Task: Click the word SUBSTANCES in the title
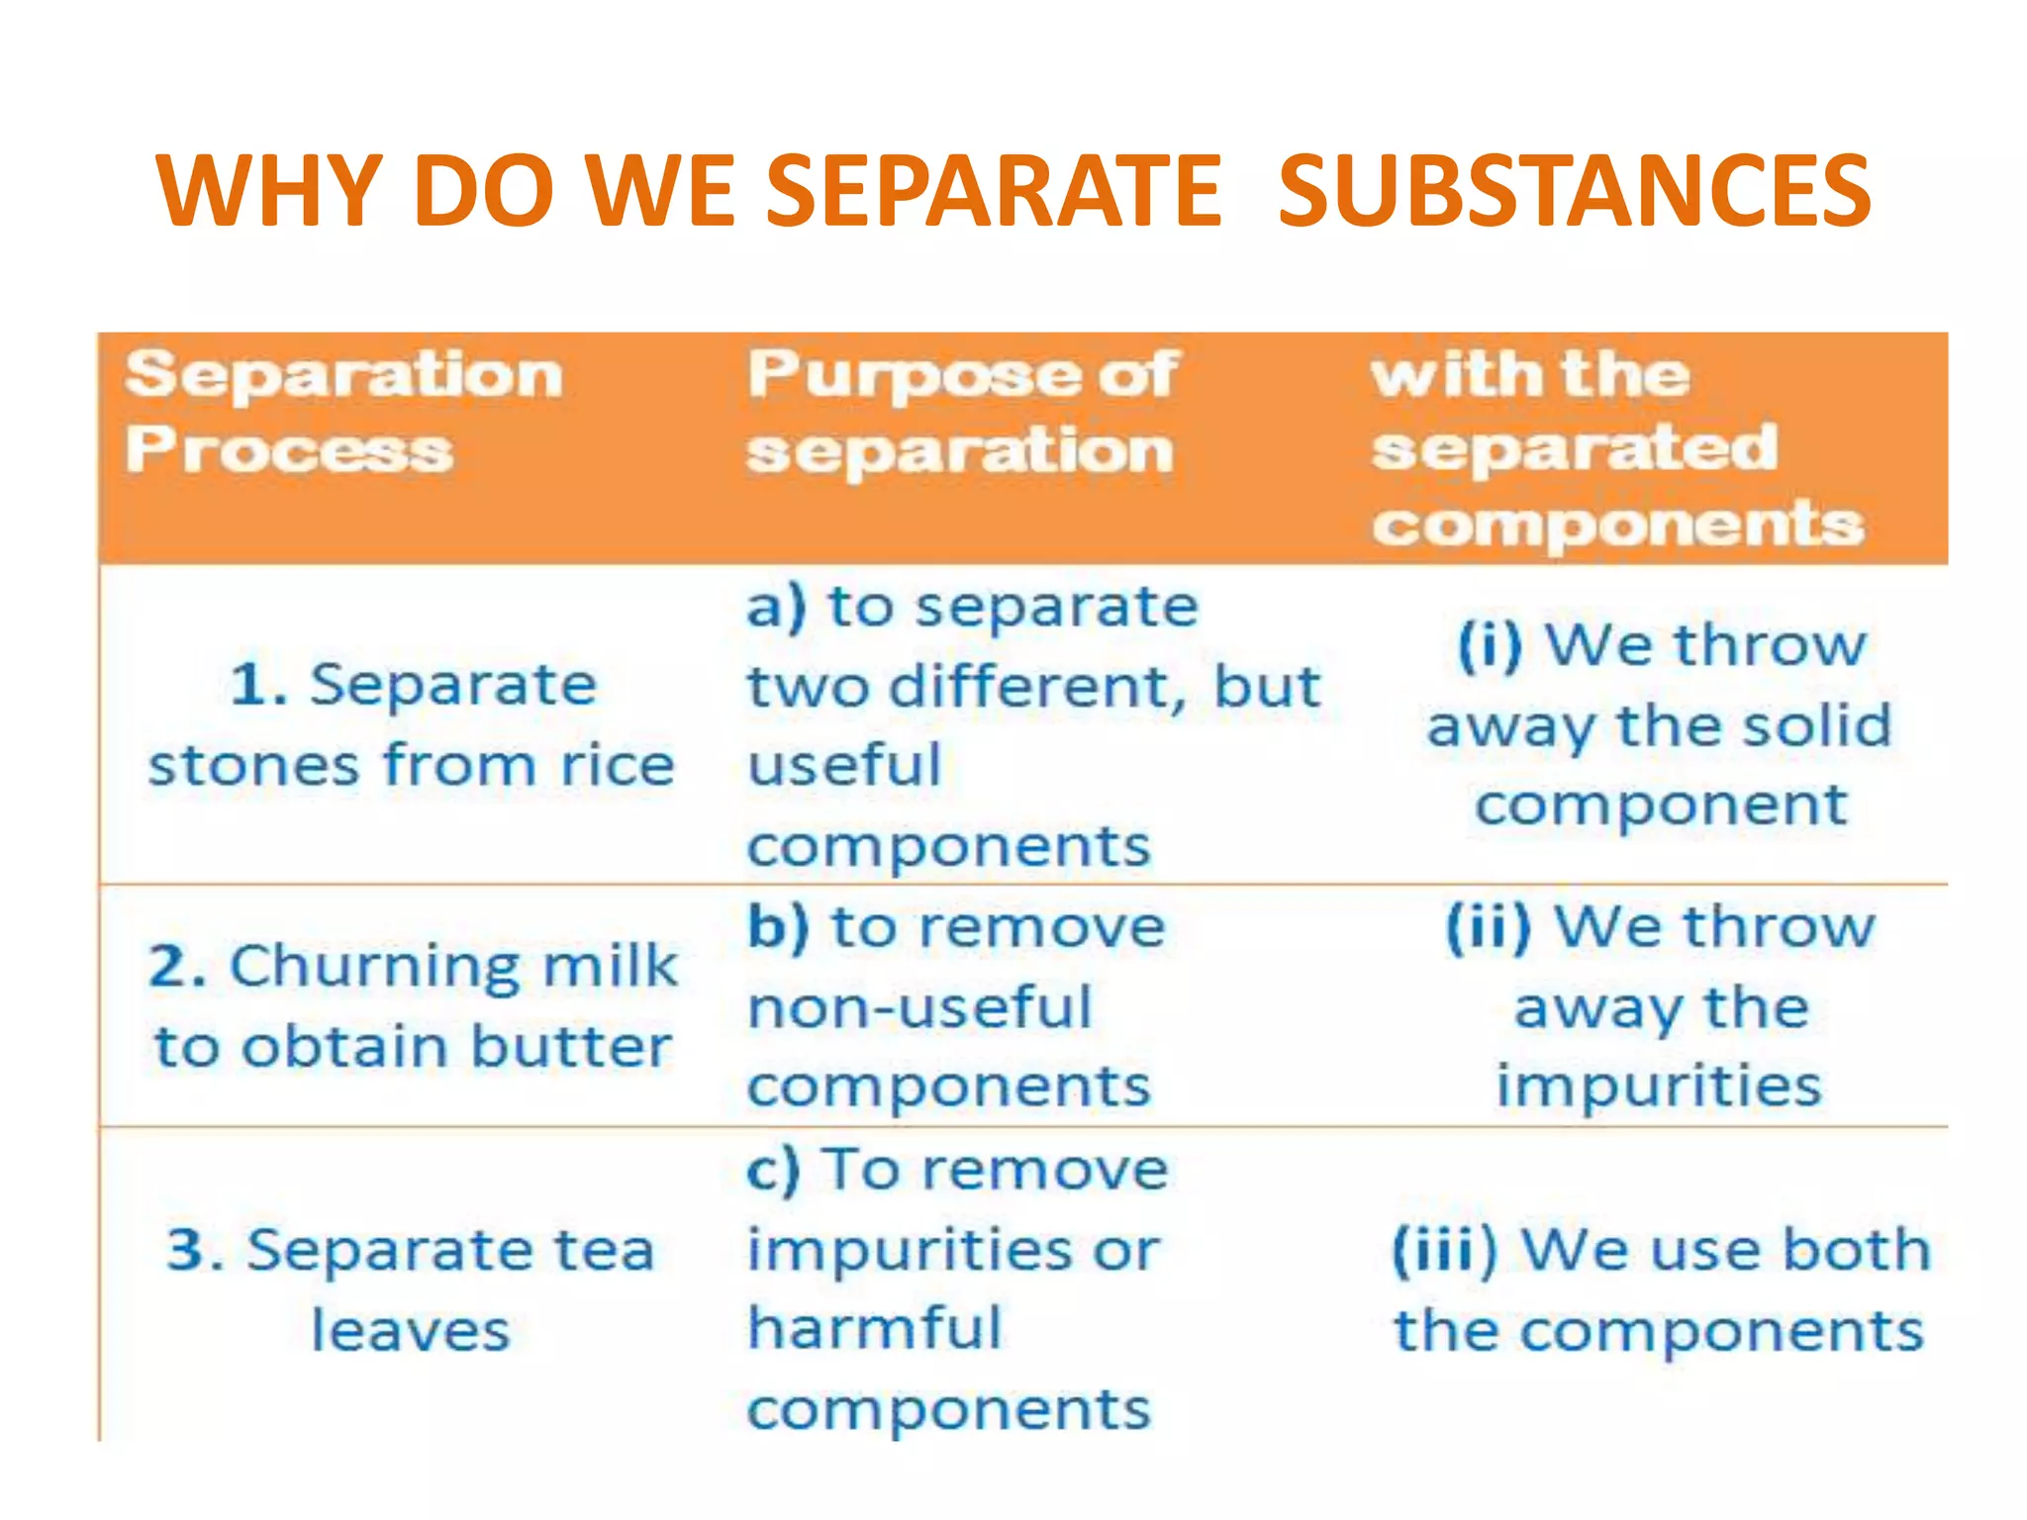[1574, 190]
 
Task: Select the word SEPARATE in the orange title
[994, 190]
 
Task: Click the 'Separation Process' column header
[342, 412]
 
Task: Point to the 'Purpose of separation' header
[960, 412]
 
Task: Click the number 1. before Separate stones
[259, 685]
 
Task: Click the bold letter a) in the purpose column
[776, 607]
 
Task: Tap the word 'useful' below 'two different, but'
[844, 766]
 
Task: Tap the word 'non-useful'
[919, 1008]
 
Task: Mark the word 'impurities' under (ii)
[1658, 1086]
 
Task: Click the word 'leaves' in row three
[411, 1331]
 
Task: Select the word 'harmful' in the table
[875, 1328]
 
